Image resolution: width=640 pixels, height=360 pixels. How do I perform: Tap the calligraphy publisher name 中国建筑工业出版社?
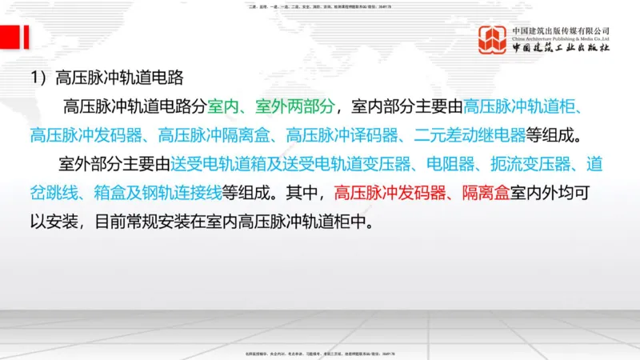point(561,48)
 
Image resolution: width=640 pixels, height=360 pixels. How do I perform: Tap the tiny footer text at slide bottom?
point(320,353)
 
